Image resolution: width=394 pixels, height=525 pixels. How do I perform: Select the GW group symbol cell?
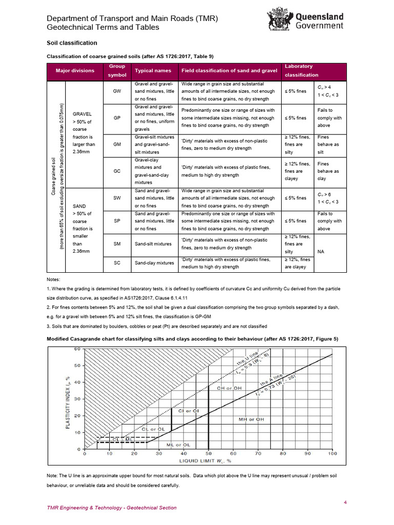point(117,91)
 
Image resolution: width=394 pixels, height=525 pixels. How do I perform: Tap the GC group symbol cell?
point(117,171)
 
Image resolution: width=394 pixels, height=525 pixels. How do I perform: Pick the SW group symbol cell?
point(117,198)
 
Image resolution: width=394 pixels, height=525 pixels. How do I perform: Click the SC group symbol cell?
point(117,263)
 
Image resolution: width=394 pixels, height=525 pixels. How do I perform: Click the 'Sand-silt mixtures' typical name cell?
point(153,244)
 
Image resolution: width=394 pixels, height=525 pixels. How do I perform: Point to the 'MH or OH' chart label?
point(251,419)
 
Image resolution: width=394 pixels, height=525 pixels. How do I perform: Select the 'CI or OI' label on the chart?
point(188,411)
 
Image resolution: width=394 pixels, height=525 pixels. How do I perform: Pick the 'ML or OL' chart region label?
point(179,445)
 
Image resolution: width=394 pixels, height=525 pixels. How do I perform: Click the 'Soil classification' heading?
point(72,43)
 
